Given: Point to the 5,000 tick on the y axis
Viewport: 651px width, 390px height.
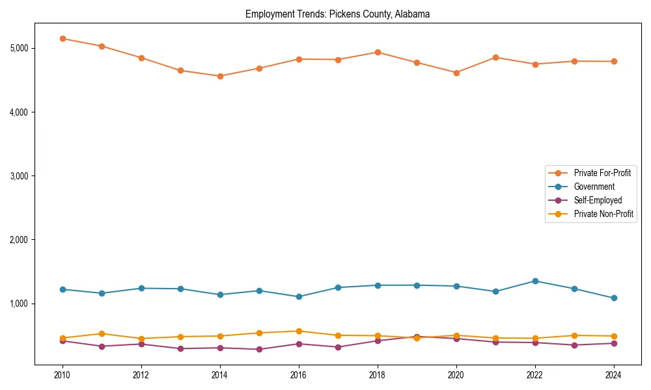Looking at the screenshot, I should coord(20,48).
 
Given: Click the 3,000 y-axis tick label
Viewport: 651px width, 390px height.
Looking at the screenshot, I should coord(20,176).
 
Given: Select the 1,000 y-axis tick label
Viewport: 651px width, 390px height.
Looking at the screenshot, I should coord(20,304).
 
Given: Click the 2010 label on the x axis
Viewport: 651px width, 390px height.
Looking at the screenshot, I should coord(62,375).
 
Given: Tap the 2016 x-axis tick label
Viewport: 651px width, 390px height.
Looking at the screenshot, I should coord(299,375).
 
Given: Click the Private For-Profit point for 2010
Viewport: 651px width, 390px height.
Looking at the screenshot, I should coord(62,38).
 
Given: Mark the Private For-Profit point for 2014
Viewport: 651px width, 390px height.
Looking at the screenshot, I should coord(220,76).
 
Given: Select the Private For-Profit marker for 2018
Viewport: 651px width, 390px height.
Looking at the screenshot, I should coord(378,52).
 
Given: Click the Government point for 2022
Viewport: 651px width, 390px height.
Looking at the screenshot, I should coord(535,281).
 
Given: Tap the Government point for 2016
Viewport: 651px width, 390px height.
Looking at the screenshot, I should coord(299,296).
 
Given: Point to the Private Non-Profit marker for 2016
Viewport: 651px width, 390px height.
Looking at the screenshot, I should coord(299,331).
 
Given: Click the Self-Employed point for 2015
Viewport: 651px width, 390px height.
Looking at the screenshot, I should coord(260,349).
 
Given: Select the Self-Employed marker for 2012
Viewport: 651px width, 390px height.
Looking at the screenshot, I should coord(141,344).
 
